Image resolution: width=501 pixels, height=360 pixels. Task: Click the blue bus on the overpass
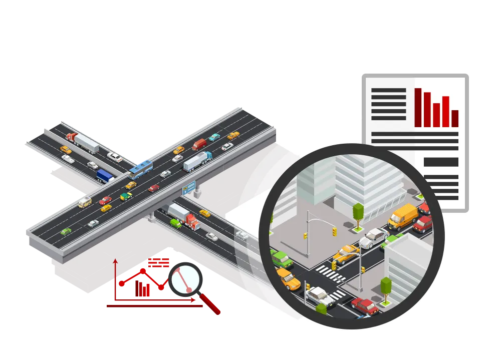tap(140, 169)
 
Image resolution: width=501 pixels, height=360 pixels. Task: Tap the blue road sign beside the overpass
tap(189, 188)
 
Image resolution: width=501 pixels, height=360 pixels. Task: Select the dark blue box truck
tap(105, 176)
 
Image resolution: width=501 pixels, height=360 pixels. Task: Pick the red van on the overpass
tap(199, 144)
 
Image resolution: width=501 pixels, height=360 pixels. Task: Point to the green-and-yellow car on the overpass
tap(126, 196)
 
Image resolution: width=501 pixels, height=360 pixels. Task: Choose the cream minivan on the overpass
tap(85, 202)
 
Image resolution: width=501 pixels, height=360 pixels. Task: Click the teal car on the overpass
tap(214, 137)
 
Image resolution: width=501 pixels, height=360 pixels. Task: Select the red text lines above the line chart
tap(158, 262)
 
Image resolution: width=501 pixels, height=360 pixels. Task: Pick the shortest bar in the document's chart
tap(455, 118)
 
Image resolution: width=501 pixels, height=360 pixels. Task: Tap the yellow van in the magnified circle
tap(403, 216)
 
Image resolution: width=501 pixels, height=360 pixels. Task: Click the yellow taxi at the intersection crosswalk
tap(346, 254)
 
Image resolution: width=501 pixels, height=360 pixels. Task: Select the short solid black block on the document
tap(440, 162)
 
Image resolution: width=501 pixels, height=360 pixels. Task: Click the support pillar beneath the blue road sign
tap(198, 191)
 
